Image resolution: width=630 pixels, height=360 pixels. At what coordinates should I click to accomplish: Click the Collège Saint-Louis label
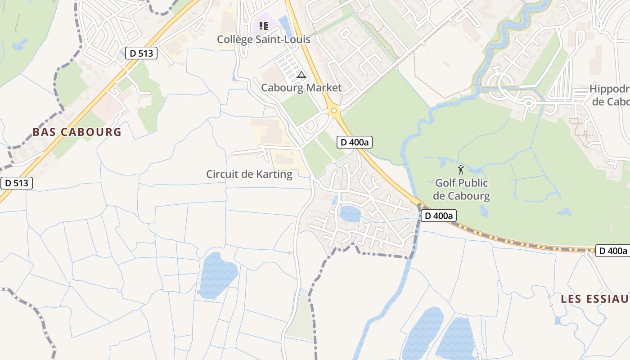[264, 39]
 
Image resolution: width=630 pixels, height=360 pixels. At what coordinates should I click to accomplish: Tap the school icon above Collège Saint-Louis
[264, 26]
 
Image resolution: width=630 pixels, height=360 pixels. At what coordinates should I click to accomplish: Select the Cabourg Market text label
[301, 88]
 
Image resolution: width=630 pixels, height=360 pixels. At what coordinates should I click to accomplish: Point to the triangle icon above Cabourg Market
[301, 75]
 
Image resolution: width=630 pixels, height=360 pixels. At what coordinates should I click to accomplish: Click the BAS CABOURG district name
[77, 132]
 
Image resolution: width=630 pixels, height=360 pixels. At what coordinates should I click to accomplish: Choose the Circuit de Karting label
[249, 174]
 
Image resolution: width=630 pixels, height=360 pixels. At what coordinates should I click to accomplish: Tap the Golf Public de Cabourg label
[461, 189]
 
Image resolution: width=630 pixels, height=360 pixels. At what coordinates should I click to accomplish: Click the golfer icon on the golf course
[460, 170]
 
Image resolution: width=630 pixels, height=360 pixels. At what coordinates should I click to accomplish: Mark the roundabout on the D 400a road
[333, 111]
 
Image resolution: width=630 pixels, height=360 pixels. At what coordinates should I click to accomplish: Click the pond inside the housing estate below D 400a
[350, 214]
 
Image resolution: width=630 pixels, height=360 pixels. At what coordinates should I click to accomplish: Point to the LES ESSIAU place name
[594, 299]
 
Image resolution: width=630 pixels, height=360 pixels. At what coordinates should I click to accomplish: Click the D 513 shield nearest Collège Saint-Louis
[141, 54]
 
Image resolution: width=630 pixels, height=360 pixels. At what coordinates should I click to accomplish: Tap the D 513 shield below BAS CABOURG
[17, 183]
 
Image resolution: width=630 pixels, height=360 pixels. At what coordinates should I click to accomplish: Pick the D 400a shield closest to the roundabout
[355, 143]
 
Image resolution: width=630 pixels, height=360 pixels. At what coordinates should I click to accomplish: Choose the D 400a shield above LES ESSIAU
[612, 251]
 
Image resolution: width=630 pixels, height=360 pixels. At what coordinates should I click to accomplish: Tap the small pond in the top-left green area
[19, 45]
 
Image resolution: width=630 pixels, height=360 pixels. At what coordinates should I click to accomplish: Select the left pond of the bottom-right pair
[423, 333]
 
